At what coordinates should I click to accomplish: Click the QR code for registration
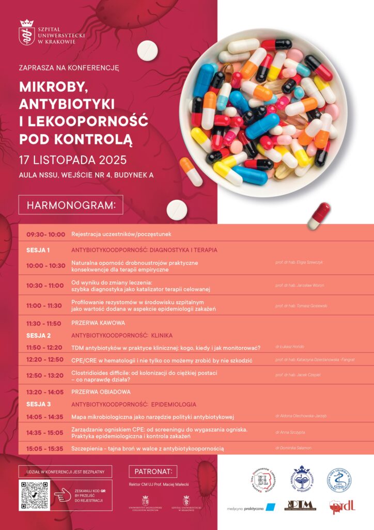34,496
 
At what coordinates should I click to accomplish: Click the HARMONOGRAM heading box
71,205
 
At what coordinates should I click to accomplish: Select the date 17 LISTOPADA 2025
73,159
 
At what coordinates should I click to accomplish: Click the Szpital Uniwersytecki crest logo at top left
26,32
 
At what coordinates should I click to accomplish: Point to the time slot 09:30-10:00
45,234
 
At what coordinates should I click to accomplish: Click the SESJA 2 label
38,335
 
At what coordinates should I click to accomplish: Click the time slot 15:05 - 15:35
45,448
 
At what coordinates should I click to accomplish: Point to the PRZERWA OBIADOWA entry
101,392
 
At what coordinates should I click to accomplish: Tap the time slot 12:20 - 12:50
45,359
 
